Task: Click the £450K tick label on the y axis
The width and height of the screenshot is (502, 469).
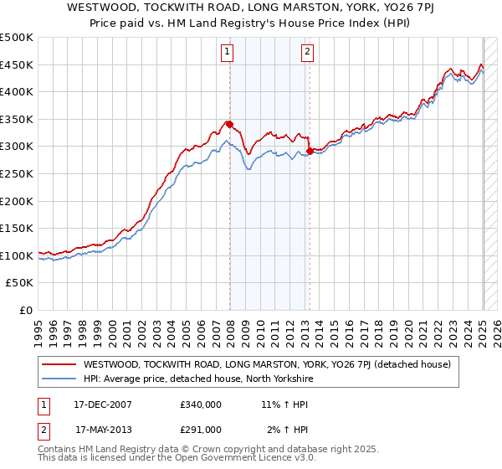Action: point(17,64)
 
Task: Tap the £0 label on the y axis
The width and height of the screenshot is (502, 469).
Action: point(25,310)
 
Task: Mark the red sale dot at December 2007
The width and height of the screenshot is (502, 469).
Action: point(229,125)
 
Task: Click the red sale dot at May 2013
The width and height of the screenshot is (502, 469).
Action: point(310,152)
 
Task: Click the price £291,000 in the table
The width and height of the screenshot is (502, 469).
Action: point(201,430)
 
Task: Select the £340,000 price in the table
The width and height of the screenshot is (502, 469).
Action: point(201,405)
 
